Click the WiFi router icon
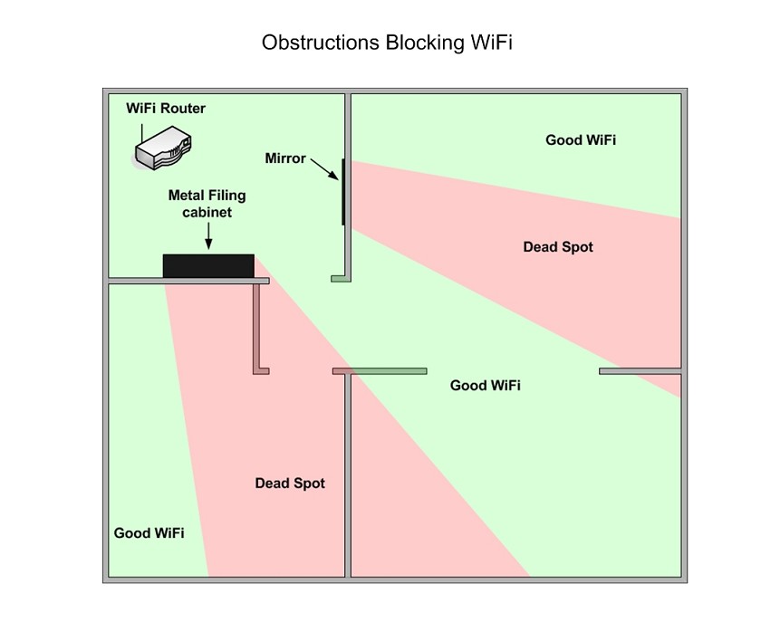point(163,148)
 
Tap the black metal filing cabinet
point(208,266)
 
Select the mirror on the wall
point(343,192)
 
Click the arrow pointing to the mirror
point(324,169)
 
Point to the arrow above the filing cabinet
point(208,235)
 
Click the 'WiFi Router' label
point(166,108)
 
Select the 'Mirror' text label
point(285,158)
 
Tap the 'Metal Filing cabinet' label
point(207,204)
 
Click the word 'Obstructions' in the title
point(321,43)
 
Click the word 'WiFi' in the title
point(491,43)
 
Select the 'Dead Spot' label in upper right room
point(558,246)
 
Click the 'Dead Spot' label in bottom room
point(290,483)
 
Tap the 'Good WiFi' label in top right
point(581,139)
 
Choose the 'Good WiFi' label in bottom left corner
point(149,533)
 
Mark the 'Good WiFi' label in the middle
point(485,386)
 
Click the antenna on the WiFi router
point(141,134)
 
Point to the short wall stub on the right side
point(640,371)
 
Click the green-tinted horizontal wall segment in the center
point(389,371)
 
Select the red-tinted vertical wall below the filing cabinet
point(256,328)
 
